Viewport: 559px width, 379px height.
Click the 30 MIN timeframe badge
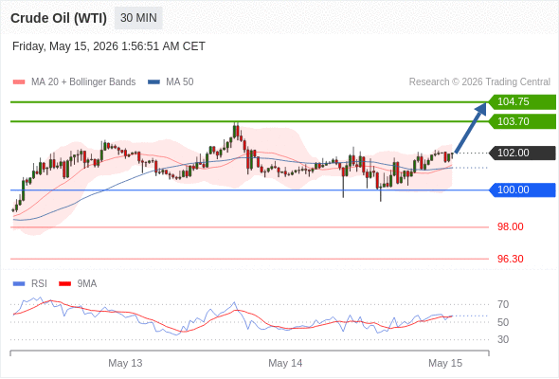coord(138,18)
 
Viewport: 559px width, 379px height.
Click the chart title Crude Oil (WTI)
coord(59,18)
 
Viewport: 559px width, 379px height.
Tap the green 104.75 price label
coord(522,102)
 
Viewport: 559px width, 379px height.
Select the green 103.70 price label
coord(522,121)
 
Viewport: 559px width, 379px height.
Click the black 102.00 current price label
coord(522,153)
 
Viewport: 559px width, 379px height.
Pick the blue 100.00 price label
coord(522,189)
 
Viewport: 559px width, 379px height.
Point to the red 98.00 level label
coord(510,226)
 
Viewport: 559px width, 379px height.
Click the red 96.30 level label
coord(510,259)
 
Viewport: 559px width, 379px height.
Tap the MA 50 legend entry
coord(171,82)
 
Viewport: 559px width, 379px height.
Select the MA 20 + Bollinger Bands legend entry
coord(74,82)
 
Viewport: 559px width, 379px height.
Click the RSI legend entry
coord(30,284)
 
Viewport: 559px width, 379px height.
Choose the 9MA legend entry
coord(78,284)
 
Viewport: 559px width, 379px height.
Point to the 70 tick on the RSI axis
coord(503,304)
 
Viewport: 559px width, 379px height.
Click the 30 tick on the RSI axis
coord(503,339)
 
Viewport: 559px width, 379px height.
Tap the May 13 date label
coord(125,363)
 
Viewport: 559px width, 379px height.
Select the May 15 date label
coord(445,363)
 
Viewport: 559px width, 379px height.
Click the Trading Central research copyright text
coord(479,82)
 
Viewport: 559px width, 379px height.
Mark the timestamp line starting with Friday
coord(109,46)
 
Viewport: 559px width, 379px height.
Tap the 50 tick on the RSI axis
coord(503,322)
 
